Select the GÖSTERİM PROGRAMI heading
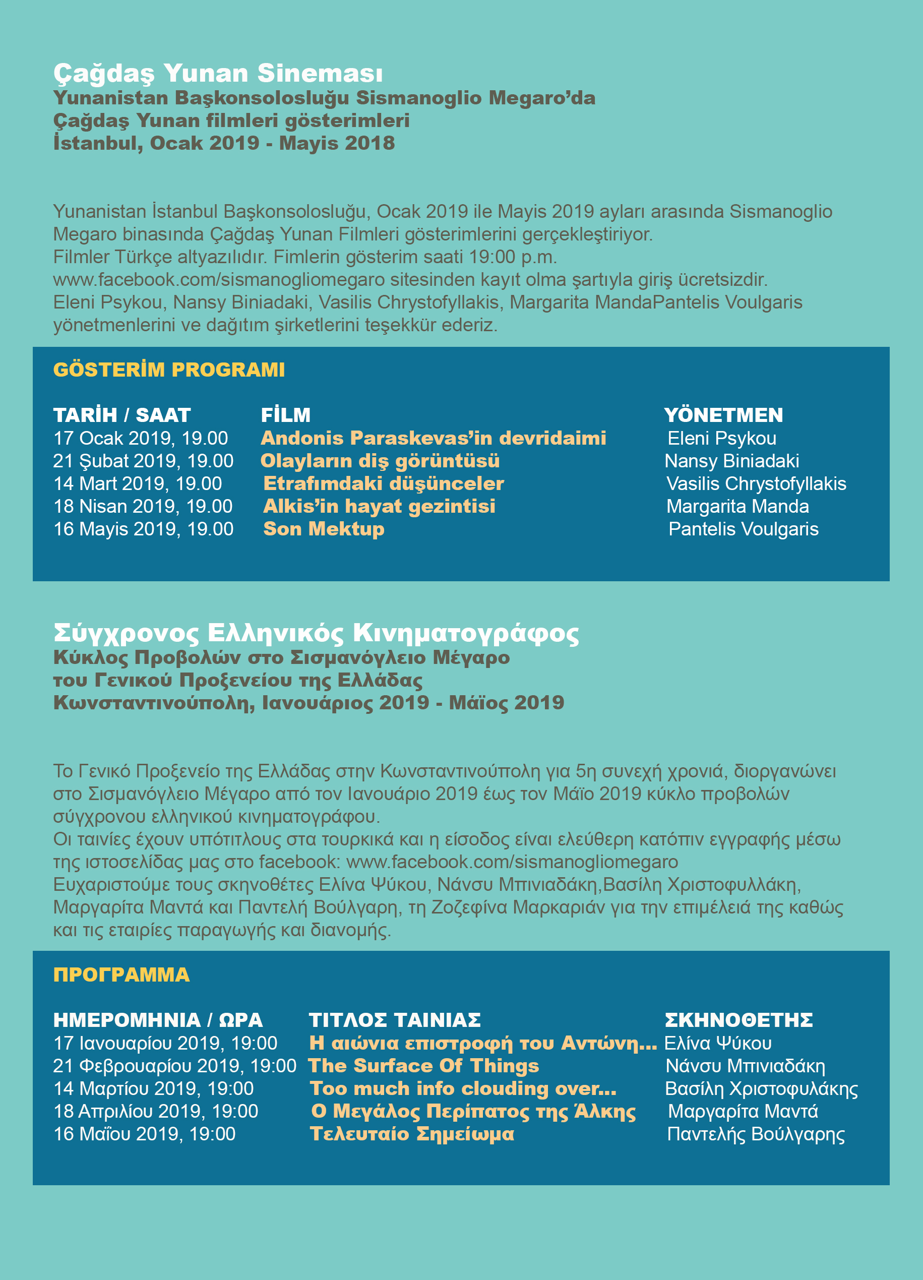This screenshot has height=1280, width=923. [169, 370]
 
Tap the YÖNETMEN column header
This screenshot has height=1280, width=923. [723, 415]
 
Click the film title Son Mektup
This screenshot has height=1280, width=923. [324, 529]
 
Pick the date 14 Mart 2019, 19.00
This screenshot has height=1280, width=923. [138, 483]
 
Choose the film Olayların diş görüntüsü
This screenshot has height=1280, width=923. [380, 461]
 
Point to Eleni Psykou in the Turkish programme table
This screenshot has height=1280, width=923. [721, 439]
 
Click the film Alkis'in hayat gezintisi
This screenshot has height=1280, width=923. [379, 506]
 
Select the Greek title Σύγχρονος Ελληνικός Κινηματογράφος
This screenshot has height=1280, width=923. [316, 633]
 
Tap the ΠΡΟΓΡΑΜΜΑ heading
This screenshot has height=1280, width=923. [121, 974]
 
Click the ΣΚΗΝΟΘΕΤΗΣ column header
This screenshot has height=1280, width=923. [739, 1020]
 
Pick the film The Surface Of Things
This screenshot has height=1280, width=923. [423, 1066]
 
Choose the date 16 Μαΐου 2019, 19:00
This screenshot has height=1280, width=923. [145, 1134]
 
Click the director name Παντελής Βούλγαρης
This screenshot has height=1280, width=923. [756, 1134]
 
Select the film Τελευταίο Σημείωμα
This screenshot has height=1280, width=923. [412, 1134]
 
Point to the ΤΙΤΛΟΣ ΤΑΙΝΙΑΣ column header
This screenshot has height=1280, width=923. [394, 1020]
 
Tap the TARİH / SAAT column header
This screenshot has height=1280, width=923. [122, 415]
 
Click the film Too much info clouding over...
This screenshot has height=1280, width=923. [463, 1088]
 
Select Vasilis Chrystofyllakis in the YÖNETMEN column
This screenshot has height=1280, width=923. [756, 483]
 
